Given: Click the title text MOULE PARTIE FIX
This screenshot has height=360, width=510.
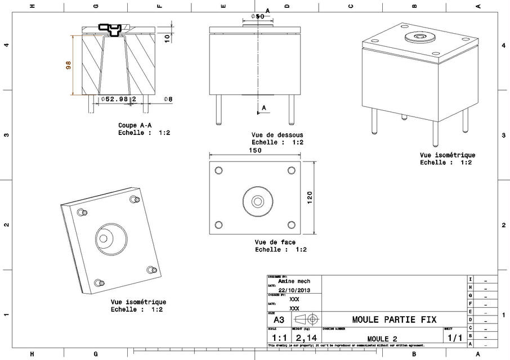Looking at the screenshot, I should (x=393, y=319).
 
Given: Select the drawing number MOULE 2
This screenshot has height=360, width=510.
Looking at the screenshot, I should (x=382, y=339).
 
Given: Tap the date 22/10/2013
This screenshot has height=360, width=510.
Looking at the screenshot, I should (x=294, y=290).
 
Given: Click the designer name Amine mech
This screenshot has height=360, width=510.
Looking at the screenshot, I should (x=298, y=281).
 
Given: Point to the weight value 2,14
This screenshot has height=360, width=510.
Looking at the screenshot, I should (x=306, y=338).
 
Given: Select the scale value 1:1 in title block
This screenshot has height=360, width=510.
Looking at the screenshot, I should (x=279, y=338).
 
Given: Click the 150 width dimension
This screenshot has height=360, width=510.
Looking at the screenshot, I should (x=255, y=150).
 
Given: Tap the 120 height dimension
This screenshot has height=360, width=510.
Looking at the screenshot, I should (x=309, y=197).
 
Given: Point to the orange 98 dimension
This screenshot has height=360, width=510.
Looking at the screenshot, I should (x=69, y=65).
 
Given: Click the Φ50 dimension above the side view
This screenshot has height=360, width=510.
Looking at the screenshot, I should (x=257, y=16).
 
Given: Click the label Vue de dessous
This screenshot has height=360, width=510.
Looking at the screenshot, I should (x=277, y=135).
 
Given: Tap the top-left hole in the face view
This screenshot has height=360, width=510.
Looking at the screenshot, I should (x=219, y=170).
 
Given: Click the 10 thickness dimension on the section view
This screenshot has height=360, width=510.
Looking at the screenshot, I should (x=167, y=38).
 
